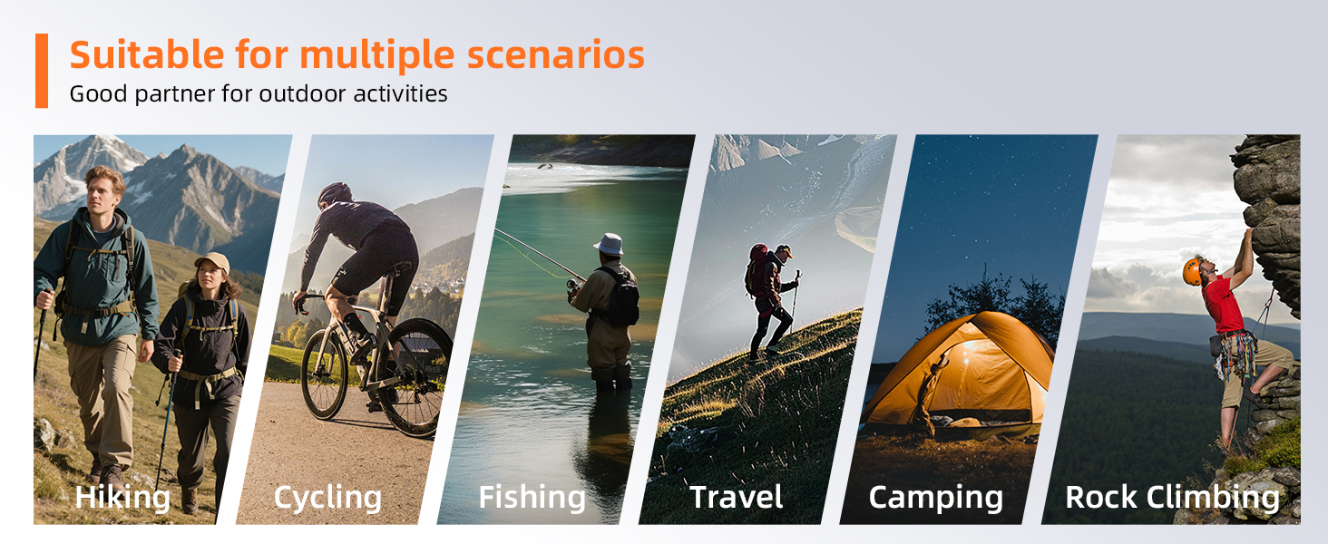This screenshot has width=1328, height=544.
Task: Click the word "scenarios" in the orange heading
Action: click(x=555, y=55)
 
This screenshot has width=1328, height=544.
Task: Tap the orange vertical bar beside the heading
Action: click(x=42, y=71)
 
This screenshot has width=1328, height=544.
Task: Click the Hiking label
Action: click(x=122, y=497)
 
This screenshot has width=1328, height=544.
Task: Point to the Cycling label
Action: click(x=327, y=497)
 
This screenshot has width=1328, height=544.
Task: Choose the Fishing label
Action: click(x=532, y=497)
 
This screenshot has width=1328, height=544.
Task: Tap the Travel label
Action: click(x=737, y=497)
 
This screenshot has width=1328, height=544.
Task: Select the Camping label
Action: click(x=935, y=498)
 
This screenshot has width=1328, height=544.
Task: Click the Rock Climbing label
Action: click(x=1172, y=497)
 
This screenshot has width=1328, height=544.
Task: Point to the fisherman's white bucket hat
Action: click(x=609, y=244)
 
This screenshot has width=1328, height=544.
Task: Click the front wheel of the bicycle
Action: click(x=324, y=374)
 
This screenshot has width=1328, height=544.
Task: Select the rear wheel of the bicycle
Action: click(x=415, y=377)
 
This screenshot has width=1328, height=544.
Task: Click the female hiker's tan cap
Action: click(x=213, y=261)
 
